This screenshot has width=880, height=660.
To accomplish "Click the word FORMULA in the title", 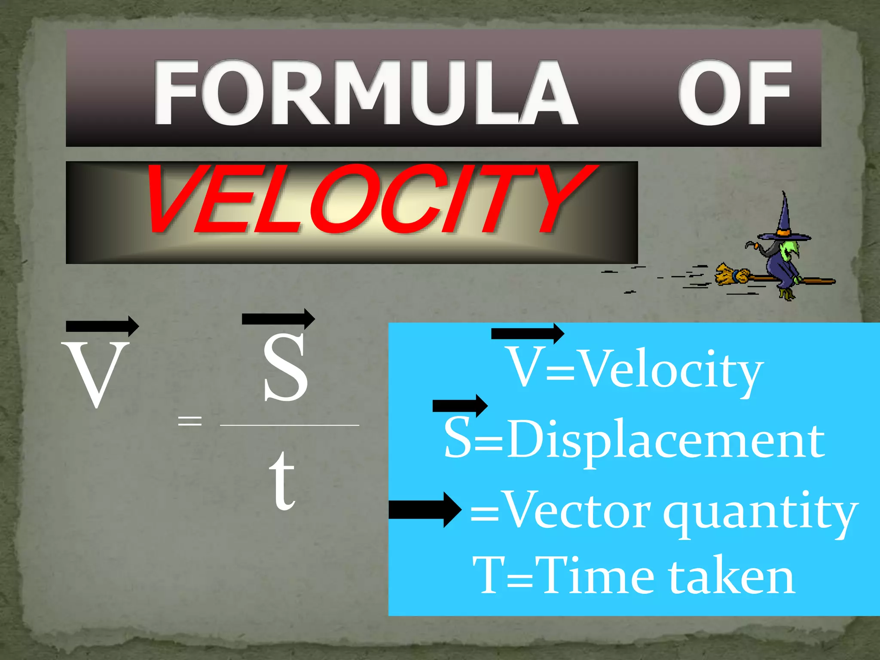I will pos(365,92).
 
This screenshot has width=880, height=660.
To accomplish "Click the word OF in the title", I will pos(735,92).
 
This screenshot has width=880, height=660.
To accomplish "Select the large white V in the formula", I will pos(95,374).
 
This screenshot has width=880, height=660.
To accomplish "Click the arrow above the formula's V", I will pos(102,326).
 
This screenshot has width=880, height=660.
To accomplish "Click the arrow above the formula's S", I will pos(278,318).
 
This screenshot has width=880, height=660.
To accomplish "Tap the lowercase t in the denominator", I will pos(282,481).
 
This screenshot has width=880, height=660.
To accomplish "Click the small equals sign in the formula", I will pos(189,420).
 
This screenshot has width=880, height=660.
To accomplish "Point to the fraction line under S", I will pos(289,425).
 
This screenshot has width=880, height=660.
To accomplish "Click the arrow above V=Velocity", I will pos(527,333).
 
